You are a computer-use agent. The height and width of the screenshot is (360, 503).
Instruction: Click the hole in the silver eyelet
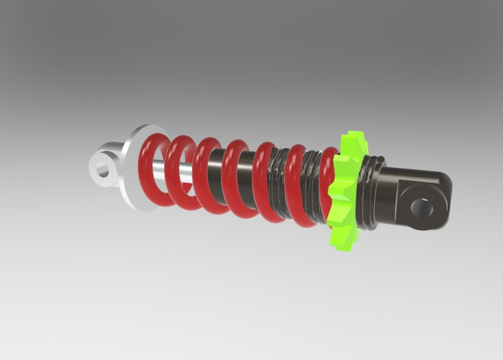102,171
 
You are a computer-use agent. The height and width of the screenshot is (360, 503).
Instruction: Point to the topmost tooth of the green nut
353,138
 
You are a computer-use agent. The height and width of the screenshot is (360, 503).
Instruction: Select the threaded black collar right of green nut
370,193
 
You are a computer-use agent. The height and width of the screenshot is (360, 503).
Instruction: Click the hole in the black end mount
420,206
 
